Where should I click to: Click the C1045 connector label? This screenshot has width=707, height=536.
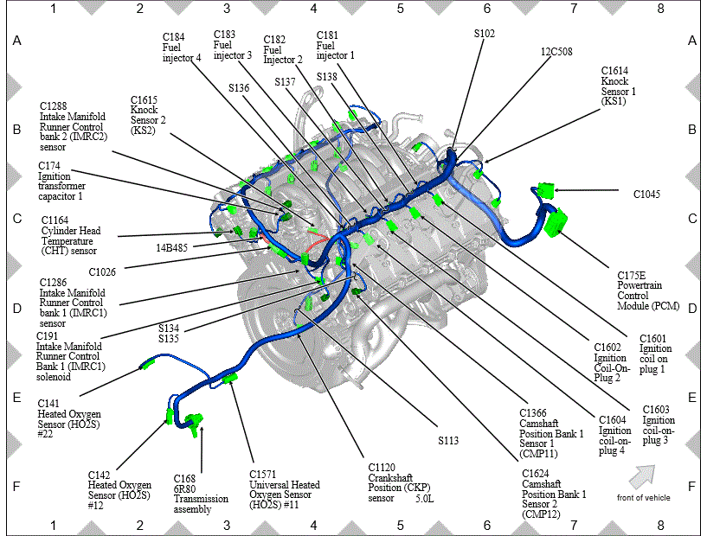(646, 195)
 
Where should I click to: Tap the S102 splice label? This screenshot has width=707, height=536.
(485, 34)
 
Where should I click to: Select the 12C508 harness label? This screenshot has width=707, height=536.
(556, 52)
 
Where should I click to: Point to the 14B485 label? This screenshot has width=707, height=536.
(172, 247)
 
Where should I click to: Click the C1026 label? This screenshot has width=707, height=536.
(102, 272)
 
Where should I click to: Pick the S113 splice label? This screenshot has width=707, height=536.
(448, 441)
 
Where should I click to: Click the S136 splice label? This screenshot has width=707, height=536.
(239, 88)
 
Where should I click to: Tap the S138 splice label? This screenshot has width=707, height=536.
(326, 77)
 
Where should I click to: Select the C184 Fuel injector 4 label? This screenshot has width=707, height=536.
(182, 47)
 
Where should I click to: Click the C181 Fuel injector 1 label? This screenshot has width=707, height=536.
(335, 45)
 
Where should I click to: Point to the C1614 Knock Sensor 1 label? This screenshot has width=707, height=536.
(618, 86)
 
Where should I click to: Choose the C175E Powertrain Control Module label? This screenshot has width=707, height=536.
(648, 290)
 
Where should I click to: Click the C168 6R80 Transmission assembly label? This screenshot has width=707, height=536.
(201, 494)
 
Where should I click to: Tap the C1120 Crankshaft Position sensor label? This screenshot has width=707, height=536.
(399, 482)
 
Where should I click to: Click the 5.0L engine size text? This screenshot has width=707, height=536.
(424, 499)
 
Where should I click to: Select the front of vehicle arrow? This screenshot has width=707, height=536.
(642, 477)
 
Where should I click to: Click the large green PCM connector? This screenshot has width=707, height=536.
(555, 222)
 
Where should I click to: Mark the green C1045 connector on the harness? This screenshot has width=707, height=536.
(546, 190)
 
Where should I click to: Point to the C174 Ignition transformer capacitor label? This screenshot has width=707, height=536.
(61, 181)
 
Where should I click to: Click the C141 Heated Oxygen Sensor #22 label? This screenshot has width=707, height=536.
(69, 418)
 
